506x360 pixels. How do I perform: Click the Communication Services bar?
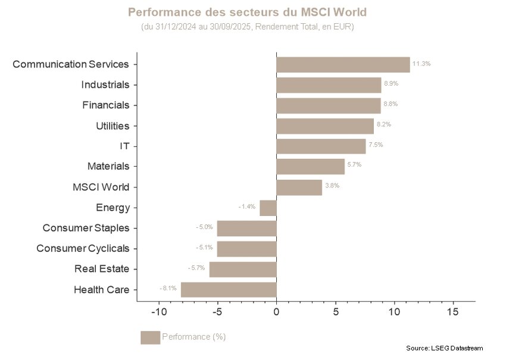click(x=343, y=64)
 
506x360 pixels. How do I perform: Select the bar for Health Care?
click(x=229, y=290)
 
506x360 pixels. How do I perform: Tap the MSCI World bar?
click(x=299, y=187)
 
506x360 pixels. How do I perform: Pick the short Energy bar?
click(x=268, y=208)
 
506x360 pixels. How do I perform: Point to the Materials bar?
click(x=310, y=167)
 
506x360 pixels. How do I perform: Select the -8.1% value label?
click(x=168, y=288)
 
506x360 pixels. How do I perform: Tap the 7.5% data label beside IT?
click(x=375, y=145)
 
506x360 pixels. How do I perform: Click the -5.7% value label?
click(x=196, y=268)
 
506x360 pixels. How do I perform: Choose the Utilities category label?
click(x=113, y=126)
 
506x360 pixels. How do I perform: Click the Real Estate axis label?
click(x=102, y=268)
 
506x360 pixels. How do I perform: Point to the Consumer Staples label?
click(x=86, y=228)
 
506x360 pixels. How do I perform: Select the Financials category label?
click(x=105, y=105)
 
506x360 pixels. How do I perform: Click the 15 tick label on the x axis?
click(x=452, y=312)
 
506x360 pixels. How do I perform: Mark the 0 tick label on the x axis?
click(x=276, y=312)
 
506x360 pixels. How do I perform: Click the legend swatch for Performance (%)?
click(x=150, y=337)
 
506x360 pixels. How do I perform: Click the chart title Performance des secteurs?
click(x=247, y=12)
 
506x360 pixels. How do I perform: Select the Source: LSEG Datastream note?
click(x=444, y=348)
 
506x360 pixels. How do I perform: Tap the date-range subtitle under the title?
click(x=247, y=27)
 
